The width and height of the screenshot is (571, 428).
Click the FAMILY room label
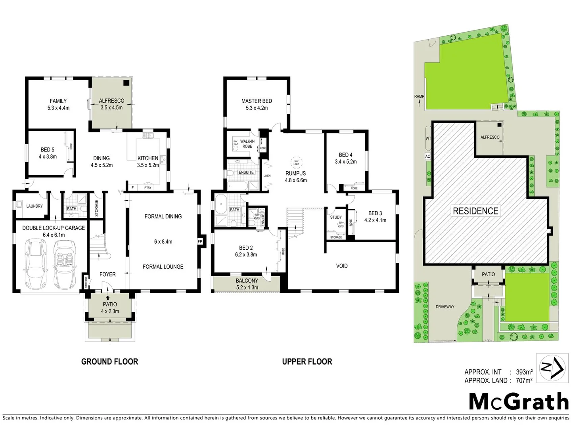pyautogui.click(x=58, y=101)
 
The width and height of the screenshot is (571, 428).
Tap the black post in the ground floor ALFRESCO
pyautogui.click(x=126, y=83)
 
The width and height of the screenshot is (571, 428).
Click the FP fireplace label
pyautogui.click(x=199, y=241)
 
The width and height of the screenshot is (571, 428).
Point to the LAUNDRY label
pyautogui.click(x=34, y=206)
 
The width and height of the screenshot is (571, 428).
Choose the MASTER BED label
pyautogui.click(x=257, y=101)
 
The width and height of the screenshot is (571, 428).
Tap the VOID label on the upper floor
pyautogui.click(x=342, y=266)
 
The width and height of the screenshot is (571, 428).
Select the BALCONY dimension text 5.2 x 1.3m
pyautogui.click(x=247, y=287)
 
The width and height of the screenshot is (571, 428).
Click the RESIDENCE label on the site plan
pyautogui.click(x=475, y=211)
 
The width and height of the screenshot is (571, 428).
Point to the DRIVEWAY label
pyautogui.click(x=445, y=307)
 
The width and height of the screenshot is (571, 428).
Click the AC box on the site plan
pyautogui.click(x=427, y=156)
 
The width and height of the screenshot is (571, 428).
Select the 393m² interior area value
pyautogui.click(x=524, y=372)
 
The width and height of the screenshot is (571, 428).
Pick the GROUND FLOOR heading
pyautogui.click(x=109, y=361)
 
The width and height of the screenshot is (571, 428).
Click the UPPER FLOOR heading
pyautogui.click(x=307, y=361)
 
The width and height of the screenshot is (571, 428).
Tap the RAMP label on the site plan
pyautogui.click(x=419, y=96)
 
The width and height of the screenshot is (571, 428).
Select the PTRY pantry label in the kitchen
pyautogui.click(x=148, y=187)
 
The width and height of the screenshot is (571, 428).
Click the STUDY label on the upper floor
pyautogui.click(x=336, y=217)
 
